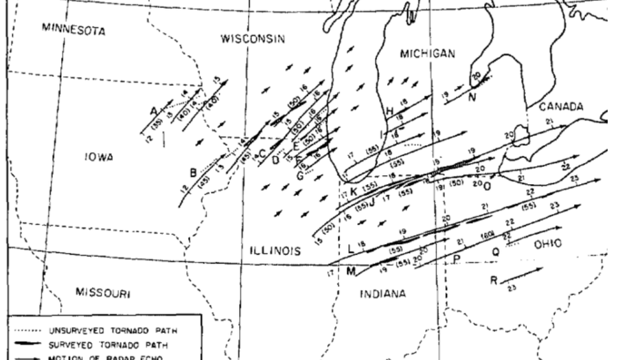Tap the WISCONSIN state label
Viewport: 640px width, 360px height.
point(252,38)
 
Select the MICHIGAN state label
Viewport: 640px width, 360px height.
point(426,54)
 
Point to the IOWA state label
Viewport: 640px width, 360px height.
point(99,157)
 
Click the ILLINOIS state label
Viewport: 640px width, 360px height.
point(275,251)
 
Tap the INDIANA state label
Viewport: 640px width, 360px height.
point(383,294)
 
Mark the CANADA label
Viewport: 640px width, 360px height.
point(561,106)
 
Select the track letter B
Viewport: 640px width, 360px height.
point(193,172)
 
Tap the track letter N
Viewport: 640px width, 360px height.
point(472,95)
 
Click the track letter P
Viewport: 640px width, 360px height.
point(455,259)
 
